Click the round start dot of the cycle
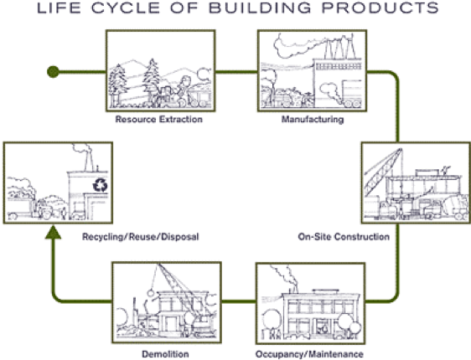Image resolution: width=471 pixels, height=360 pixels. coord(53,72)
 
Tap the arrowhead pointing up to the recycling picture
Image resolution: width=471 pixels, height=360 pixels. coord(53,233)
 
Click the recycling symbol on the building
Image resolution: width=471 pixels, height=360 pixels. coord(100,185)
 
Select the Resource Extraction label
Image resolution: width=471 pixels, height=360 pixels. coord(159,120)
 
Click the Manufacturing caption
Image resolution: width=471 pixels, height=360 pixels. coord(313,120)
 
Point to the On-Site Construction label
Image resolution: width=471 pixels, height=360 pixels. coord(344,237)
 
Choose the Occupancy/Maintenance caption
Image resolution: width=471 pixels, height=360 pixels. coord(309,354)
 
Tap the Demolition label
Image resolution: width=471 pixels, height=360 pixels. coord(165,354)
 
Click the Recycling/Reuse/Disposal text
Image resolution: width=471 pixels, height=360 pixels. coord(141,237)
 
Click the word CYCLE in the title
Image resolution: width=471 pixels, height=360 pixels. coord(126,8)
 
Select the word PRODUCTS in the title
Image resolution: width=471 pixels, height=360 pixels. coord(380,8)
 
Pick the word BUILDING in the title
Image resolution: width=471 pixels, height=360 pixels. coord(260,8)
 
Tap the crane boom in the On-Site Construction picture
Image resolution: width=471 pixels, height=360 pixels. coord(383,172)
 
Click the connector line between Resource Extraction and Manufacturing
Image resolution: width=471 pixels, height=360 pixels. coord(236,72)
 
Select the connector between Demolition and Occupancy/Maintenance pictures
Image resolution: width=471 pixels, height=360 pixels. coord(239,301)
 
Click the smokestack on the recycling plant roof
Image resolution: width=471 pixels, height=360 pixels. coord(88,160)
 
